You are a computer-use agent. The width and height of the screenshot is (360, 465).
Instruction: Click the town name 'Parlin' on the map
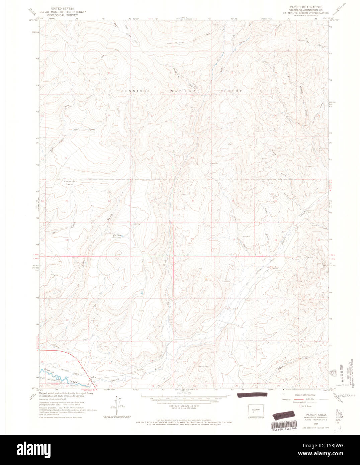(x=93, y=377)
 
